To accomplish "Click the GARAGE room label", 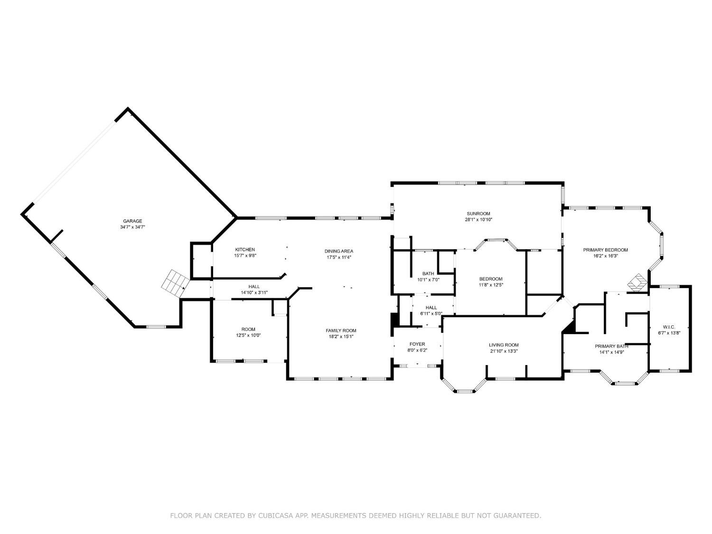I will [132, 221].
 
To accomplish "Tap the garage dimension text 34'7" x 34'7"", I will [132, 227].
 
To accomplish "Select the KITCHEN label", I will [245, 250].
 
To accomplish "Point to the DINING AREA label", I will [338, 251].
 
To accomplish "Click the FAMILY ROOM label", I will [340, 330].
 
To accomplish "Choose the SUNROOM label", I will [478, 214].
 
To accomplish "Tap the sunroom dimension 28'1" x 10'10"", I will [478, 220].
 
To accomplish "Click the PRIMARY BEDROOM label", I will [605, 250].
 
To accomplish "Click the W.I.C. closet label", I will [669, 327].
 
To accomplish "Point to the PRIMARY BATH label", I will [611, 346].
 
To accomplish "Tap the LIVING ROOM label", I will [504, 345].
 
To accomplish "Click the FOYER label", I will [417, 344].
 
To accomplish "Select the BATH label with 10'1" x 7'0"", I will [428, 273].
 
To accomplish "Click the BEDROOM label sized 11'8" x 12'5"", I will [490, 279].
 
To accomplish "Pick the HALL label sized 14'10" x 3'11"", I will [254, 287].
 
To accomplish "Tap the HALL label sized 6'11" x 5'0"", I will [431, 308].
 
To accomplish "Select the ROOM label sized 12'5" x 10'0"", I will [248, 329].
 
